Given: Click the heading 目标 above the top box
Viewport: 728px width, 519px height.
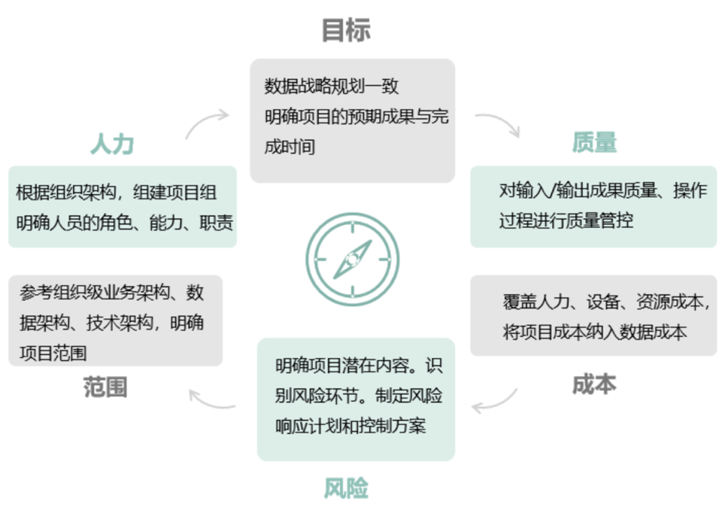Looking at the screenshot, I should (346, 30).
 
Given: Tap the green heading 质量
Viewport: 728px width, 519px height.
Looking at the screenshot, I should (595, 142).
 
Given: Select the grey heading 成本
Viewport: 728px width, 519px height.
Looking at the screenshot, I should (595, 384).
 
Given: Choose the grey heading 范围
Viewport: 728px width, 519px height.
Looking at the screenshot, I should (105, 388).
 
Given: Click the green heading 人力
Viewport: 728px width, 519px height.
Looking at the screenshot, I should (112, 144).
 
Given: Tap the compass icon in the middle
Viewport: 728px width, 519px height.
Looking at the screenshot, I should (353, 258).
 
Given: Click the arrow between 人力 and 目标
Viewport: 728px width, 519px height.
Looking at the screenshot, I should (206, 123).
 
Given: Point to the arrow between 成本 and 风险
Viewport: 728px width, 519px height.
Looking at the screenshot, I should (495, 402).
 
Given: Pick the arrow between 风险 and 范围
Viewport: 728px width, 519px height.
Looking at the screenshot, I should (212, 399).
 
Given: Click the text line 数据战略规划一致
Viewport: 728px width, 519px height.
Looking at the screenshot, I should (332, 87).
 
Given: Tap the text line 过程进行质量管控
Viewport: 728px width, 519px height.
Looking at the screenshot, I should (566, 220).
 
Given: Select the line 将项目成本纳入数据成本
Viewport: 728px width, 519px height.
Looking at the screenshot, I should (595, 332).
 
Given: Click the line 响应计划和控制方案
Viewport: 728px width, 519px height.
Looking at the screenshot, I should (351, 426).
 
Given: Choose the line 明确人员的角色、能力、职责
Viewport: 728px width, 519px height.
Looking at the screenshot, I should (125, 222).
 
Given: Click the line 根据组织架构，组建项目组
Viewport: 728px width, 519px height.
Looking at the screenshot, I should (117, 193).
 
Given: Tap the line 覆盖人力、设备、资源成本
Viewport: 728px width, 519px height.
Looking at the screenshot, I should (606, 302).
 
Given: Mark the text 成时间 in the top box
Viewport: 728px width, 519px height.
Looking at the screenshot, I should (290, 147).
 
